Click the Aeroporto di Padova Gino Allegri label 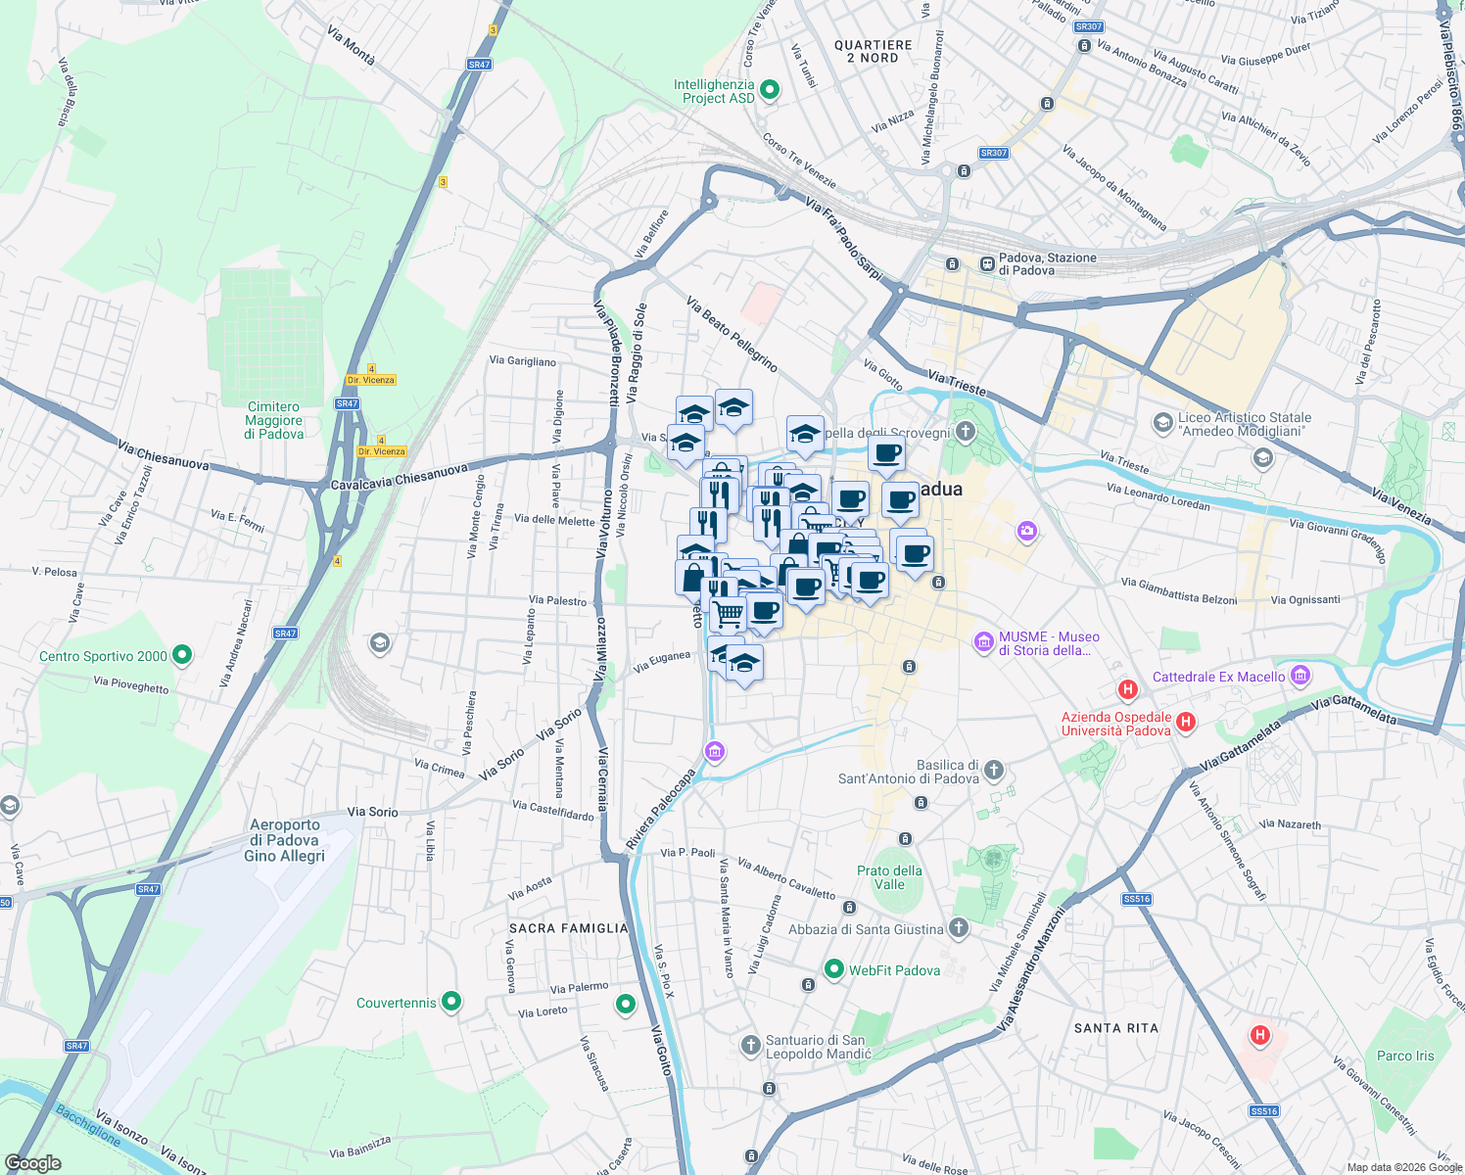click(x=284, y=840)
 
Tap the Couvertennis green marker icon click(x=451, y=1003)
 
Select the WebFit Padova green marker click(x=834, y=969)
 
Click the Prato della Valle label click(x=889, y=877)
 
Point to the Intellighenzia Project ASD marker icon click(x=770, y=90)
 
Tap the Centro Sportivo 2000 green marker click(x=182, y=655)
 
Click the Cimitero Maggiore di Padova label click(x=274, y=420)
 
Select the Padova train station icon click(x=987, y=263)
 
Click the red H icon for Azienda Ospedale click(x=1186, y=723)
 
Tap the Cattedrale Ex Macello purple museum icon click(x=1300, y=676)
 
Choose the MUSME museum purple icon click(x=984, y=642)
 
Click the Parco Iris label click(x=1405, y=1056)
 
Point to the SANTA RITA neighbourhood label click(x=1115, y=1028)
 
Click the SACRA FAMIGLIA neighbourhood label click(x=568, y=928)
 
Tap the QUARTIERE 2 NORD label click(x=873, y=52)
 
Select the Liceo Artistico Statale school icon click(x=1162, y=423)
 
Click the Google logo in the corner click(x=33, y=1162)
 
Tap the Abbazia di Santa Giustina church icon click(x=959, y=928)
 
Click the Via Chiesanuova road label click(x=163, y=455)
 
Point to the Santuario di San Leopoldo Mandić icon click(x=751, y=1046)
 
